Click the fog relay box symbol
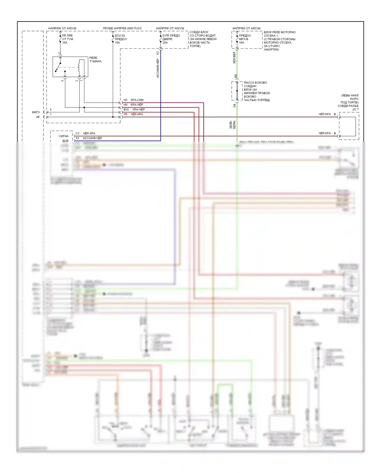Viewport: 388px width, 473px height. (x=70, y=67)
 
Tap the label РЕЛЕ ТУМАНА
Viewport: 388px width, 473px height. (x=95, y=60)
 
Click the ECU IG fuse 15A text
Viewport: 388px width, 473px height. (x=121, y=39)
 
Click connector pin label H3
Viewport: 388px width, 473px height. (x=125, y=100)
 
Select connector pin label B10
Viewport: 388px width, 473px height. (x=126, y=110)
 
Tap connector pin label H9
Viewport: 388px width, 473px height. (x=125, y=105)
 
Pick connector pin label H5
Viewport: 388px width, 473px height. (x=125, y=114)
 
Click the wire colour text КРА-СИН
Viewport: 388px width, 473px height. (x=137, y=100)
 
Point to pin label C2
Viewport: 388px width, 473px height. (x=78, y=134)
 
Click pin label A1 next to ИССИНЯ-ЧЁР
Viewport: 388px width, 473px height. (x=78, y=138)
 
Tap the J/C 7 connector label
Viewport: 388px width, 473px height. (x=355, y=109)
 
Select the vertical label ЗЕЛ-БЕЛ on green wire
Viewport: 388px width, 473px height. (x=234, y=58)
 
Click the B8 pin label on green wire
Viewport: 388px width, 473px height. (x=236, y=76)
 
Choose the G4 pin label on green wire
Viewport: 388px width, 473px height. (x=235, y=106)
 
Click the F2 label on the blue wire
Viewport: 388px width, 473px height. (x=158, y=53)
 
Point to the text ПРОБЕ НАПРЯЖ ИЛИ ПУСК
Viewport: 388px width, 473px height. (x=122, y=28)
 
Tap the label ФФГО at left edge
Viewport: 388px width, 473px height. (x=36, y=112)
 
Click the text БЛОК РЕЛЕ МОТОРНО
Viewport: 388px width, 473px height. (x=279, y=32)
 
